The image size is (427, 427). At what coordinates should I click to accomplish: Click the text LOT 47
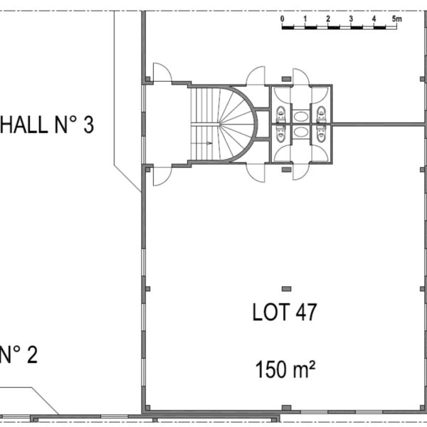tap(285, 312)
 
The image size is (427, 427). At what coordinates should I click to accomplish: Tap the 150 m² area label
tap(285, 369)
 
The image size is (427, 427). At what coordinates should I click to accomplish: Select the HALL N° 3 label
tap(47, 125)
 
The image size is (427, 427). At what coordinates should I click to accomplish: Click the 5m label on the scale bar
tap(397, 19)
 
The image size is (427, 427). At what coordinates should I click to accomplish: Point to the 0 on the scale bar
tap(282, 19)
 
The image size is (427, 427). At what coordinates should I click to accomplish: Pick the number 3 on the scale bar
tap(351, 19)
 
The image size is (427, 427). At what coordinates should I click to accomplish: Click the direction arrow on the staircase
tap(201, 143)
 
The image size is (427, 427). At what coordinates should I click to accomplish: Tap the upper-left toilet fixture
tap(281, 114)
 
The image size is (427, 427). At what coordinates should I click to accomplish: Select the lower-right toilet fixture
tap(322, 135)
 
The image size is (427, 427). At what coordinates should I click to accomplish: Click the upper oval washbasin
tap(301, 117)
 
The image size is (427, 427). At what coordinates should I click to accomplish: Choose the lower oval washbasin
tap(301, 132)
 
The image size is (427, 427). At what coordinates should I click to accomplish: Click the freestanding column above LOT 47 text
tap(286, 289)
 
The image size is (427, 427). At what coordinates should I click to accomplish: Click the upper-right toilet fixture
tap(322, 114)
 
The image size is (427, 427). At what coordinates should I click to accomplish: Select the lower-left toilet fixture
tap(281, 135)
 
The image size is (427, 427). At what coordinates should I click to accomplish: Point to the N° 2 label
tap(19, 354)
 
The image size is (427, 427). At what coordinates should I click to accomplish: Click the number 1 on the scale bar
tap(305, 19)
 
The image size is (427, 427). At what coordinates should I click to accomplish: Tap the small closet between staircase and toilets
tap(263, 124)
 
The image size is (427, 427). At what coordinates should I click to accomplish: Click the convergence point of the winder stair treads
tap(219, 125)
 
